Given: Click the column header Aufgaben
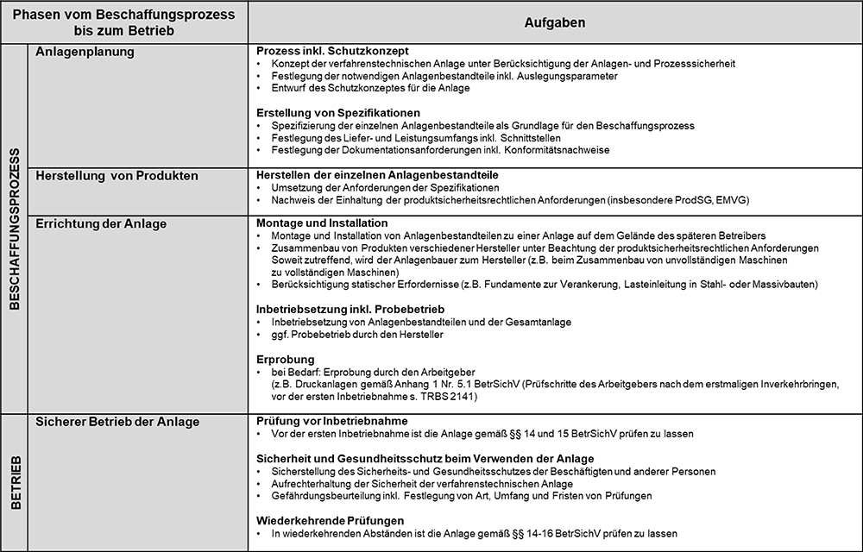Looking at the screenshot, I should pos(554,22).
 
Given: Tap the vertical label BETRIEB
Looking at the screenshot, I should pos(15,481).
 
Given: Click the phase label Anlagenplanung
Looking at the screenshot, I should pos(85,53).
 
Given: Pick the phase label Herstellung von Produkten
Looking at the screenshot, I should pos(117,176).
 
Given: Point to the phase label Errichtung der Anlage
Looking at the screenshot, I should pos(101,223).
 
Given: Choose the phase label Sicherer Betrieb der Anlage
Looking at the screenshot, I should pos(117,422).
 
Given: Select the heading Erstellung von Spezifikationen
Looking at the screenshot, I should pos(338,113).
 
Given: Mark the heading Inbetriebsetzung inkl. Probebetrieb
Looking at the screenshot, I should pos(350,309).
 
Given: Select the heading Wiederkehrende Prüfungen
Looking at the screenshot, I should pos(330,521).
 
